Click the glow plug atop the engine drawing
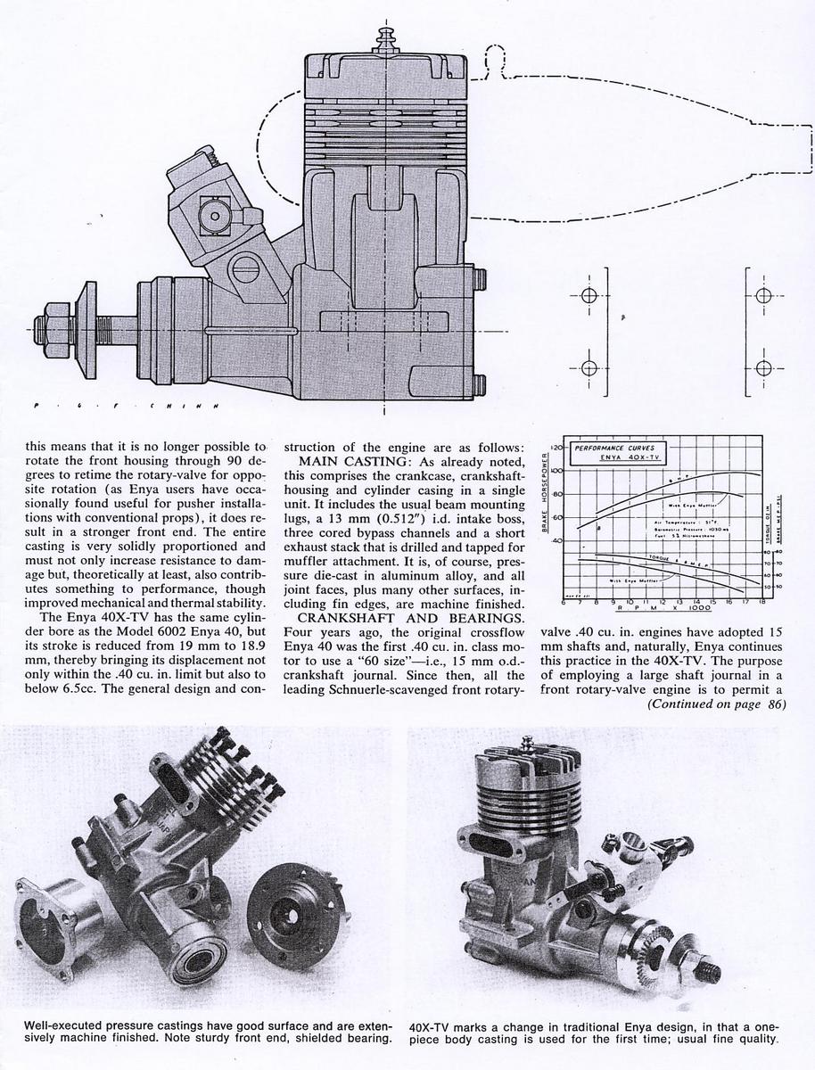pyautogui.click(x=385, y=40)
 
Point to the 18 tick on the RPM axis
pyautogui.click(x=761, y=602)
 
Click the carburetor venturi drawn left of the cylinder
pyautogui.click(x=213, y=213)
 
